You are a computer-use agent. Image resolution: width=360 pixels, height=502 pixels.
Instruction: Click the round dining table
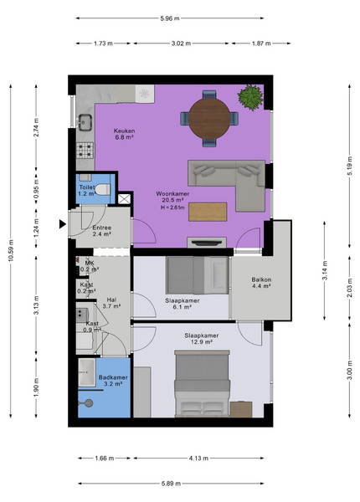pos(209,119)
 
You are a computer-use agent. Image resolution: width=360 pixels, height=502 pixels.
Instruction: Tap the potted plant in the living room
pos(251,97)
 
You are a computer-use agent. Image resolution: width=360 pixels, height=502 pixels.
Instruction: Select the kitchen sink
pos(85,123)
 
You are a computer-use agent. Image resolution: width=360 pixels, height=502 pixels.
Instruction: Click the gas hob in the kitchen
pos(85,151)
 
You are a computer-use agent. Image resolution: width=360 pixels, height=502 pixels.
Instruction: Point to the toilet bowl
pos(102,190)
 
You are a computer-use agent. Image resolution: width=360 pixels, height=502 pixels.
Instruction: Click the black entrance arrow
pos(63,224)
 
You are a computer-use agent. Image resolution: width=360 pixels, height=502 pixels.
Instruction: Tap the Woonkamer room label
pos(172,194)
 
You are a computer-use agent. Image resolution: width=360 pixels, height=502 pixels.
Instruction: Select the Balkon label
pos(261,279)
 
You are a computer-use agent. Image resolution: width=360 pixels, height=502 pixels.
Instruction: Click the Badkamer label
pos(113,377)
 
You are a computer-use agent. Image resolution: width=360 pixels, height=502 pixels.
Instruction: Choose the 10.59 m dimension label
pos(11,251)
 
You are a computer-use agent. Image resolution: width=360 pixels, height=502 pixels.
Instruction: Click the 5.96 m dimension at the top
pos(170,18)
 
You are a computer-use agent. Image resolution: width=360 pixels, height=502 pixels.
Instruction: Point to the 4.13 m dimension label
pos(198,458)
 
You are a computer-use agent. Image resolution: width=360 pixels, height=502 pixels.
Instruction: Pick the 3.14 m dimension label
pos(325,270)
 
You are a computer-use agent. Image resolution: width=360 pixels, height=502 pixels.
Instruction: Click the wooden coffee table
pos(208,212)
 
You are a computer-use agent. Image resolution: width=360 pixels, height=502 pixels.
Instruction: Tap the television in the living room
pos(207,243)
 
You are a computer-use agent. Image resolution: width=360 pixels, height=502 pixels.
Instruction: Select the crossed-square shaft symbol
pos(124,199)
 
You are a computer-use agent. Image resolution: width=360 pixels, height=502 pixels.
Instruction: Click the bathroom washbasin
pos(87,372)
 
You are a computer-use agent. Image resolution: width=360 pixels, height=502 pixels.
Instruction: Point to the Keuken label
pos(124,131)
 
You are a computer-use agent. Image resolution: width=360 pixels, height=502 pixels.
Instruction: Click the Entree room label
pos(102,228)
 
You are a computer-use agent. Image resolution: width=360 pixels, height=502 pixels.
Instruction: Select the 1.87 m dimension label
pos(261,44)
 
